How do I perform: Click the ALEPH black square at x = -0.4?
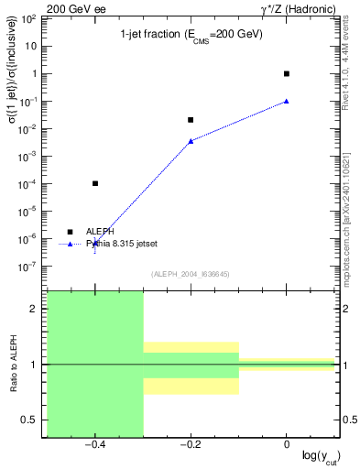(95, 183)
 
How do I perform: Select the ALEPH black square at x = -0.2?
(191, 119)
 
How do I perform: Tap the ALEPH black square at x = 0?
(287, 73)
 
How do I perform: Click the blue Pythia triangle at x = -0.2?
(191, 140)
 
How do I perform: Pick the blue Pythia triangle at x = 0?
(287, 101)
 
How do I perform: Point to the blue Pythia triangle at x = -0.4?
(95, 242)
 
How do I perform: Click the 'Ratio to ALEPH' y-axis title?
(13, 365)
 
